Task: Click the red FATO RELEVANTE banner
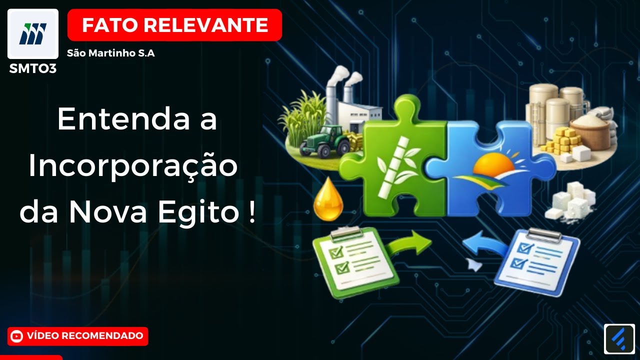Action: coord(174,25)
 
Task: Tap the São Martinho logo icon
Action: coord(33,33)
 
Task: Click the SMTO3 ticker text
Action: coord(33,69)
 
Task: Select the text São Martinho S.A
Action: coord(111,53)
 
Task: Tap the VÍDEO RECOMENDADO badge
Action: coord(78,336)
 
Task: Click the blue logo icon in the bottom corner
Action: coord(619,339)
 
